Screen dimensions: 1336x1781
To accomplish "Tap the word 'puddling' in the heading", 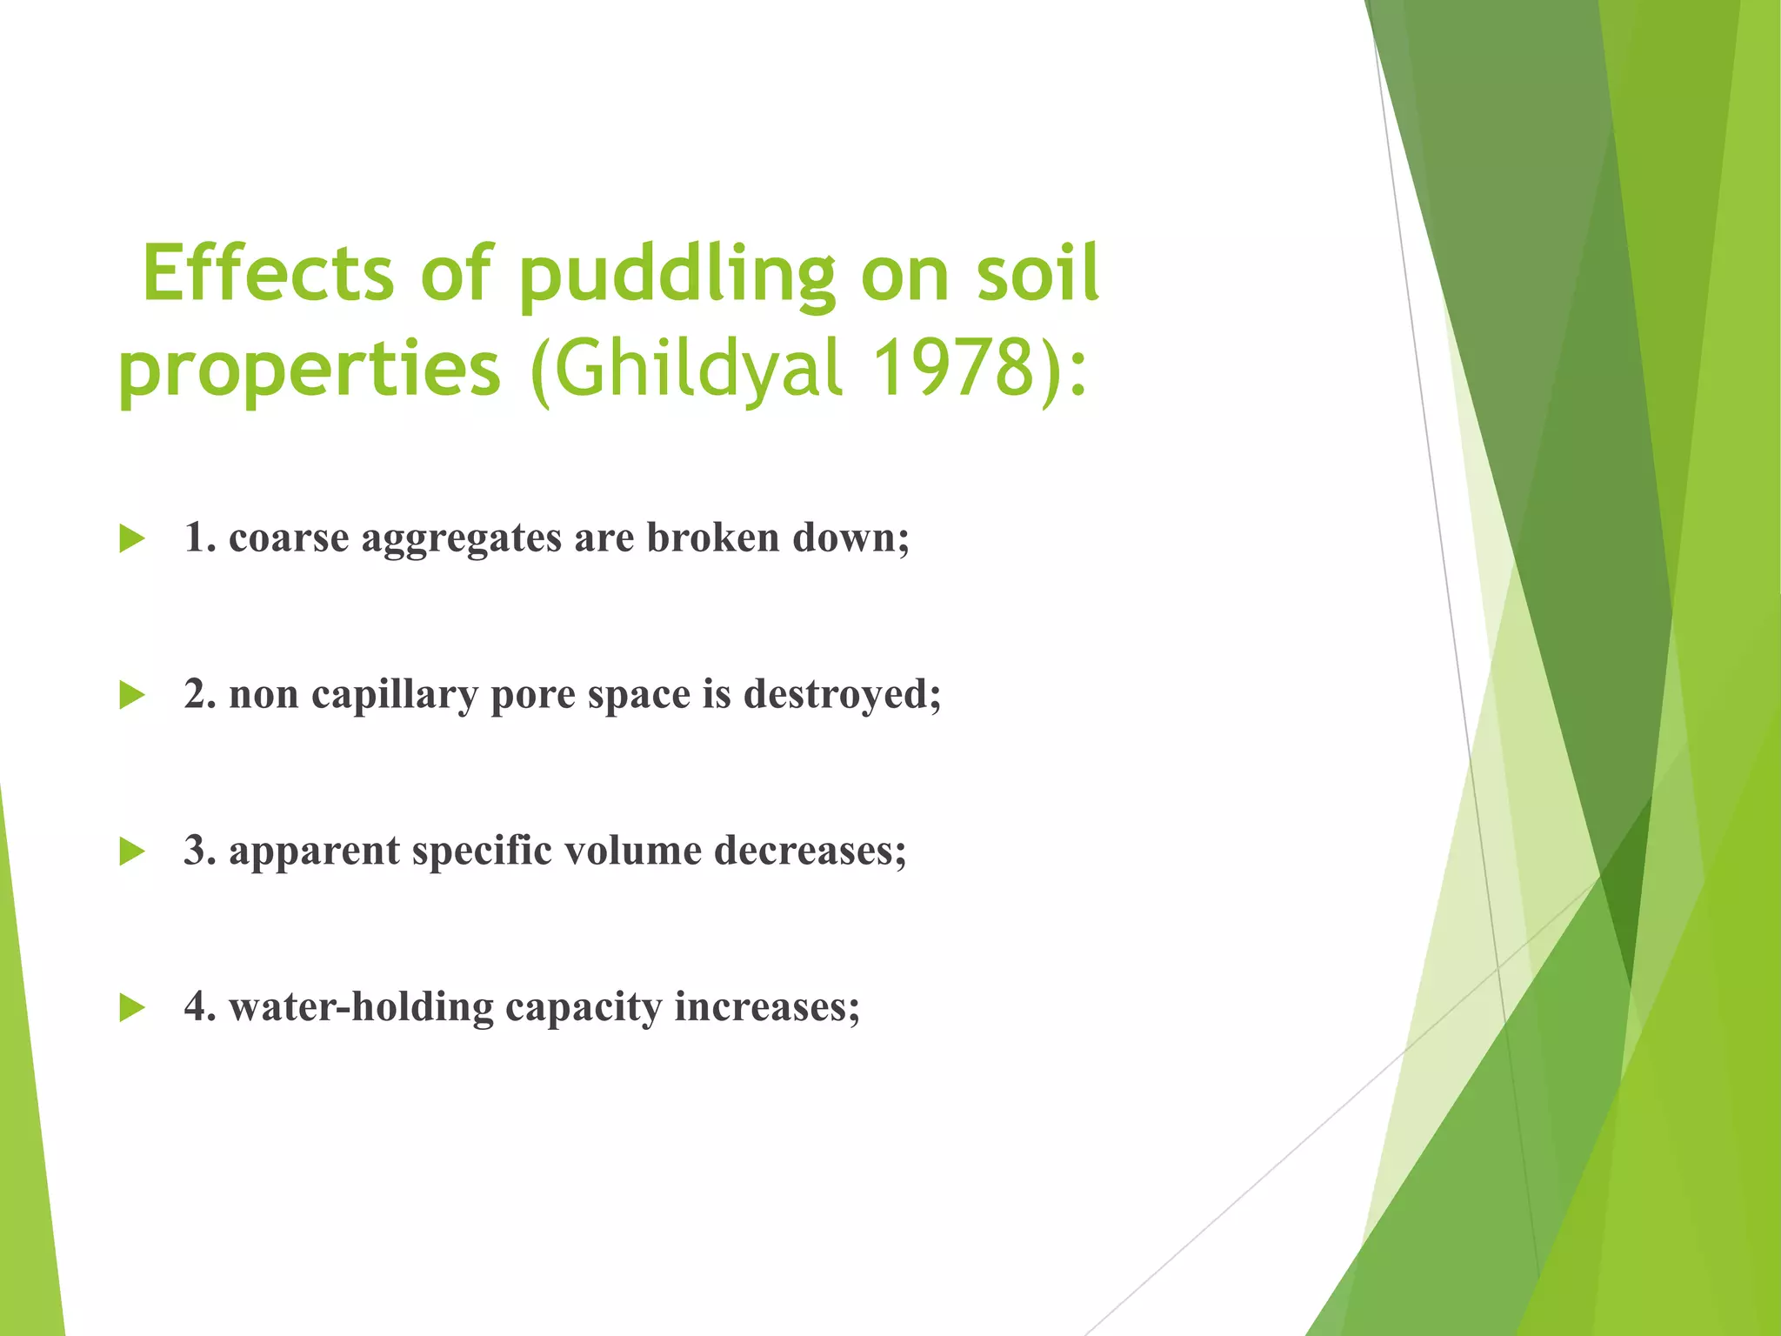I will (677, 277).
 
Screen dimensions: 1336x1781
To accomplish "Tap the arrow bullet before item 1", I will (132, 538).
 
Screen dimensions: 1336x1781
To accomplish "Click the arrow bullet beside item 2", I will (132, 695).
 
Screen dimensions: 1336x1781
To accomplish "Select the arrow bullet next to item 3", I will (132, 852).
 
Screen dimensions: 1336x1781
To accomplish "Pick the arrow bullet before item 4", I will (132, 1008).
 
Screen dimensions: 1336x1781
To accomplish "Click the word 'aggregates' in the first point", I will (461, 539).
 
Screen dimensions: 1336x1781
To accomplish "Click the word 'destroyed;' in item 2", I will (842, 694).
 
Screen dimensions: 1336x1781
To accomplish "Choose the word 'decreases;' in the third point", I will (810, 850).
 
